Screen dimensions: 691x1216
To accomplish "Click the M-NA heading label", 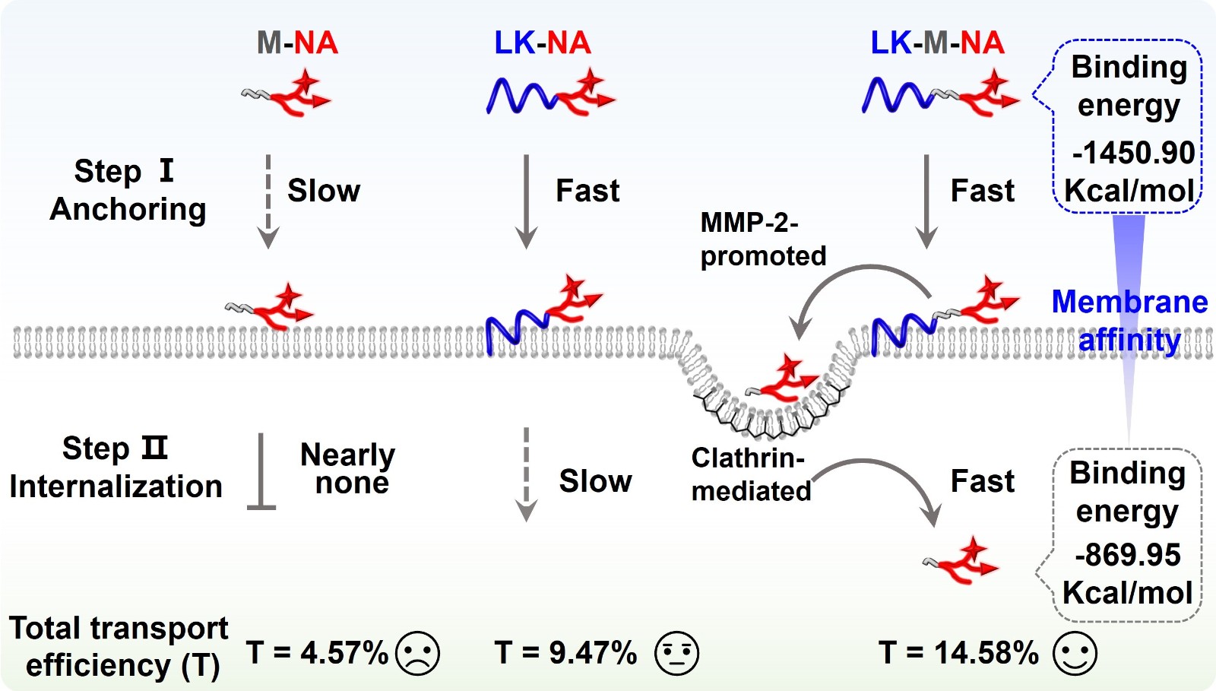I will tap(297, 43).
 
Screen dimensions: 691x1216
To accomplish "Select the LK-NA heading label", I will tap(542, 43).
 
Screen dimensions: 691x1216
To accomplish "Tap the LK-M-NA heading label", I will tap(937, 43).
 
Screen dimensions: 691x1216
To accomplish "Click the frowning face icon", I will tap(418, 653).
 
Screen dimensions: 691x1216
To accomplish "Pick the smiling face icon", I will tap(1075, 653).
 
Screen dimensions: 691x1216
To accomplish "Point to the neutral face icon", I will tap(676, 653).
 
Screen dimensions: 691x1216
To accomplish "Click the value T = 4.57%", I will tap(317, 653).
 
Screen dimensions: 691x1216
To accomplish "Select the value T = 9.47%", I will tap(565, 653).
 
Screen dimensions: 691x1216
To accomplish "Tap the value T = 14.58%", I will tap(958, 653).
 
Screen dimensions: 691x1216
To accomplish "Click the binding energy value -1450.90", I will tap(1133, 153).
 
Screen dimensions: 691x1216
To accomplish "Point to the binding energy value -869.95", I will tap(1128, 555).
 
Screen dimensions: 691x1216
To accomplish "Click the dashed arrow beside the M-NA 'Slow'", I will tap(268, 201).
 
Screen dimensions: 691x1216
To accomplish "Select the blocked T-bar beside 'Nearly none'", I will tap(261, 471).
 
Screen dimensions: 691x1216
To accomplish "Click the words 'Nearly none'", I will tap(348, 468).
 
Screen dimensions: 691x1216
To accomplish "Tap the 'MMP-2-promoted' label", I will tap(762, 239).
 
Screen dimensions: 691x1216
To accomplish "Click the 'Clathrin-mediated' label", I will tap(751, 474).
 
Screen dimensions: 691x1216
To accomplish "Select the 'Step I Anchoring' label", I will tap(128, 190).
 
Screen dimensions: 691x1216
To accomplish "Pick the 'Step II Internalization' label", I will tap(116, 468).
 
